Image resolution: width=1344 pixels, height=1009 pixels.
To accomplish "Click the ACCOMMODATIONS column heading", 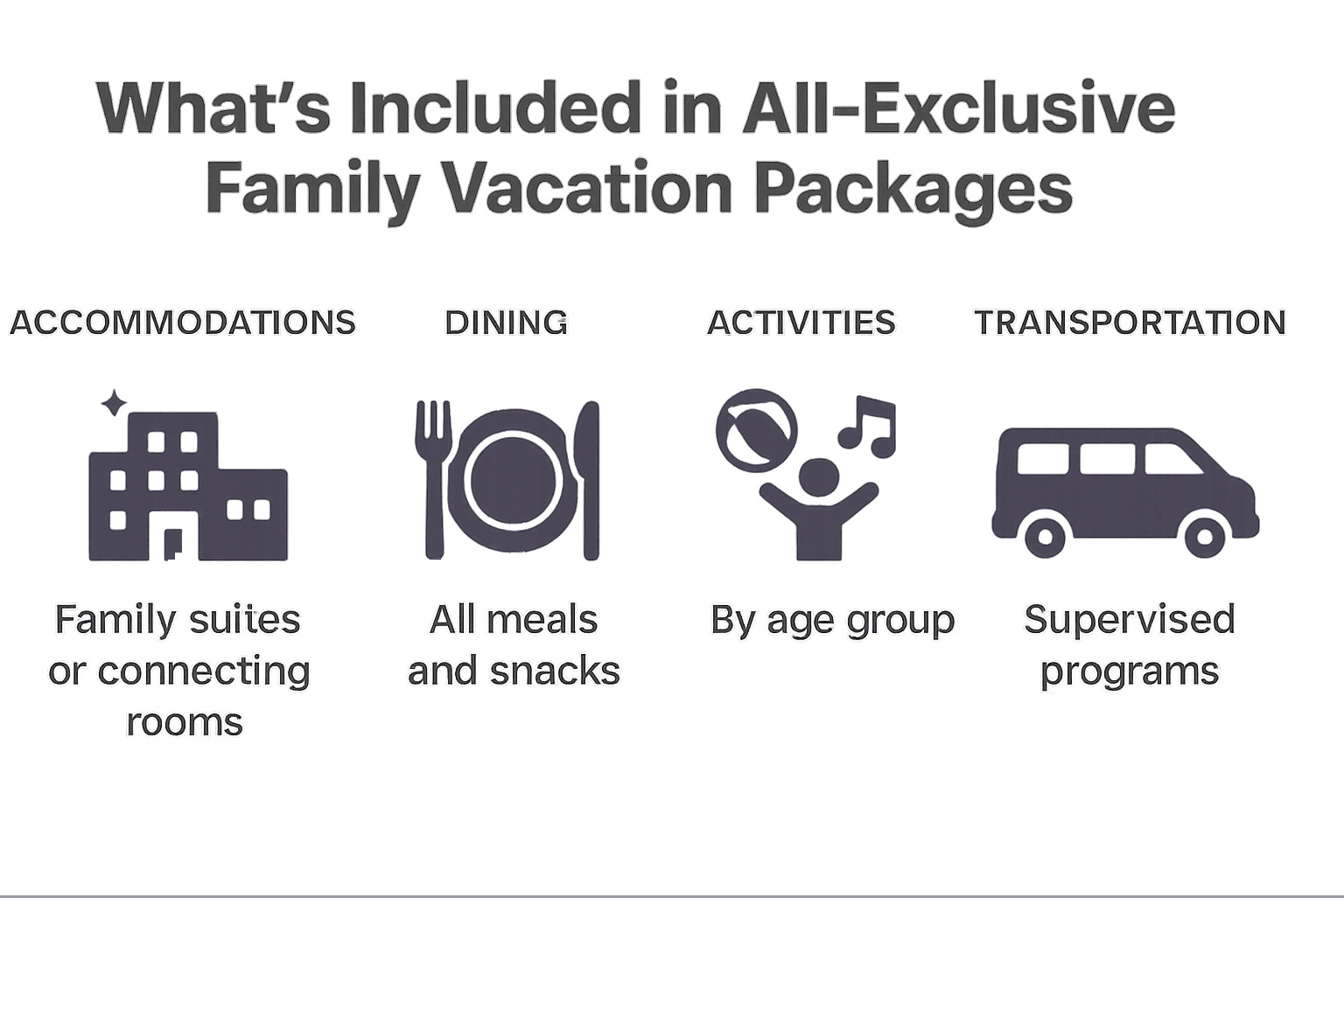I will click(183, 323).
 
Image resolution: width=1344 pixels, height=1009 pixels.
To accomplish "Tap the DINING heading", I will click(506, 323).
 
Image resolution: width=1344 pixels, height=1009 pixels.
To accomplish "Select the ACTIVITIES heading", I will click(801, 323).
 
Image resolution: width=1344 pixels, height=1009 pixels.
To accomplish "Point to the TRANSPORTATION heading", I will click(1130, 323).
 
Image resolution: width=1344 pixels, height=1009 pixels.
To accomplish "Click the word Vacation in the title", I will click(586, 188).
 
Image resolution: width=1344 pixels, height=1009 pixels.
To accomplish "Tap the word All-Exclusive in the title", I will click(958, 108).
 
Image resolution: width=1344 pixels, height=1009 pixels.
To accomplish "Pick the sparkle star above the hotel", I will click(113, 403).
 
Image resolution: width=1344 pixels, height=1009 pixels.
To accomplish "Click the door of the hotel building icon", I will click(172, 543).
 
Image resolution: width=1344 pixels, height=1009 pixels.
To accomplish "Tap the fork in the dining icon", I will click(433, 477).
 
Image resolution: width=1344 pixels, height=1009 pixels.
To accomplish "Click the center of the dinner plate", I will click(513, 480).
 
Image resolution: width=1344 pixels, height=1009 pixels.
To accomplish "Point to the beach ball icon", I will click(756, 430).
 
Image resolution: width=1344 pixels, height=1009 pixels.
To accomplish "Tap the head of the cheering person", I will click(818, 477).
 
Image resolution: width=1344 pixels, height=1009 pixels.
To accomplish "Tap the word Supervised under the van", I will click(1129, 619).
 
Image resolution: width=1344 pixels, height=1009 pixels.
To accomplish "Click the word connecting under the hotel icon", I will click(204, 672).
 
